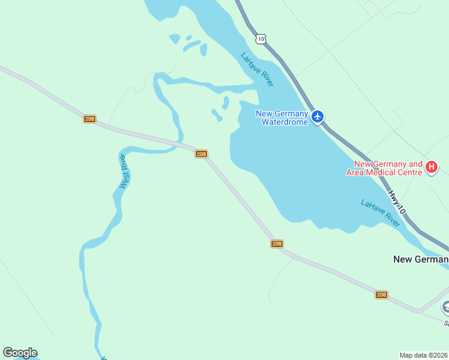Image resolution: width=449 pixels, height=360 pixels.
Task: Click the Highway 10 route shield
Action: (259, 38)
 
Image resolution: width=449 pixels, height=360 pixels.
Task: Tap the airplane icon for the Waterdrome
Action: (318, 116)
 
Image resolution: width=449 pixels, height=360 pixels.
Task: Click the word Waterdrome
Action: (285, 122)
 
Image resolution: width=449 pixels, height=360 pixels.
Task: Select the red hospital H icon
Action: (431, 167)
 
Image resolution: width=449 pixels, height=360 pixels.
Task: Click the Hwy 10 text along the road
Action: (397, 203)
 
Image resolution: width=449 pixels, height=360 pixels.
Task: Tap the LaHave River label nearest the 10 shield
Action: (257, 70)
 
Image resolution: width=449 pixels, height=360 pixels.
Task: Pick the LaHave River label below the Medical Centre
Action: (380, 213)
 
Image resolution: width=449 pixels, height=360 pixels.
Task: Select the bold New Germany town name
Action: (420, 259)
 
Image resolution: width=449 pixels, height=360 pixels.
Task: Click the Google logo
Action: (20, 353)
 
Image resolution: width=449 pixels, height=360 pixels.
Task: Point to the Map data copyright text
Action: (423, 355)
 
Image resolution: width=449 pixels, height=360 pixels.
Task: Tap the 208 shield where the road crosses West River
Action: (201, 154)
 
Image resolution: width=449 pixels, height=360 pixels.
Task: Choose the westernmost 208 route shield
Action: (89, 119)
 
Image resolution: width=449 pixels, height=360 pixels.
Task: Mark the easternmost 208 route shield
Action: (381, 295)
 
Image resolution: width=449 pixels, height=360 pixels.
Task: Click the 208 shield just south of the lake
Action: (276, 244)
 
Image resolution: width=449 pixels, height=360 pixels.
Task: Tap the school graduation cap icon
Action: (446, 307)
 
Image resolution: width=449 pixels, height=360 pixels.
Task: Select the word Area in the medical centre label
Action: (356, 172)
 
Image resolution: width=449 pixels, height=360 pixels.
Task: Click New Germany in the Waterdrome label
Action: (282, 113)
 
